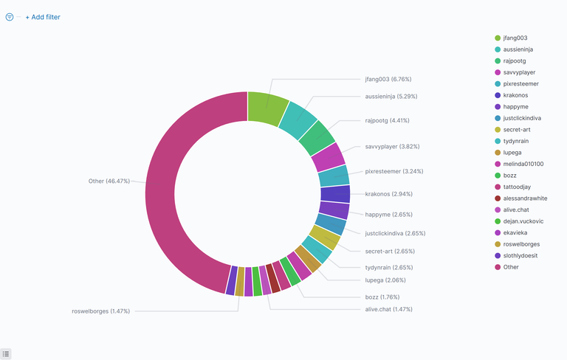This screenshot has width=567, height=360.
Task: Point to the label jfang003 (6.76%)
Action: click(x=388, y=79)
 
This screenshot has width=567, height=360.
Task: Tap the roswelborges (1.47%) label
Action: click(x=100, y=311)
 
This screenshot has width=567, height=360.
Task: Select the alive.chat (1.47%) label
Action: click(x=388, y=309)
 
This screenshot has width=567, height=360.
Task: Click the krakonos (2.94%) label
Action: click(x=388, y=194)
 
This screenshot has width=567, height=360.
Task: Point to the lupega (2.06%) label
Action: click(x=385, y=280)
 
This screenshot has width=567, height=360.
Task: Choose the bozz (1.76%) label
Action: click(x=382, y=297)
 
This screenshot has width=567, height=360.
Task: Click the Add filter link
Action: click(x=43, y=17)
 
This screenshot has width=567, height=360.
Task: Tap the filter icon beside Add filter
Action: click(x=10, y=17)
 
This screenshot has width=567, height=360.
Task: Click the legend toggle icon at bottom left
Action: click(x=6, y=354)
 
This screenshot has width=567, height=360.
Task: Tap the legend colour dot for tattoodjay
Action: click(x=498, y=187)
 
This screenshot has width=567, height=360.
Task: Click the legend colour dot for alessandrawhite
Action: click(x=498, y=198)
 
